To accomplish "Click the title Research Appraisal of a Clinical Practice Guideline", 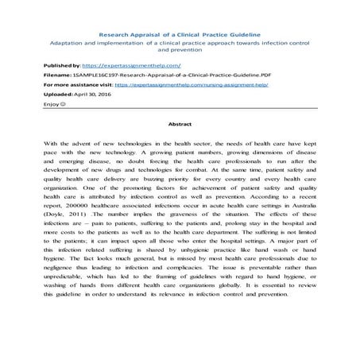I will click(179, 34).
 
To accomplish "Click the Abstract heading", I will click(180, 125).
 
